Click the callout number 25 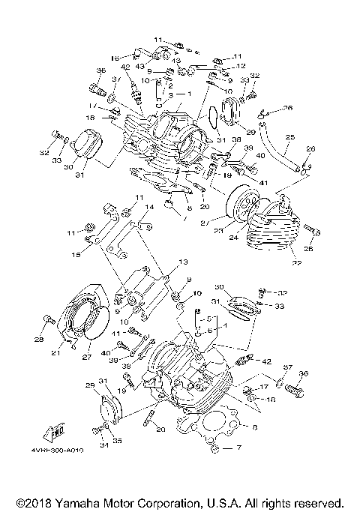289,137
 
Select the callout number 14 149,206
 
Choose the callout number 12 241,66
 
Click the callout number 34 95,445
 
